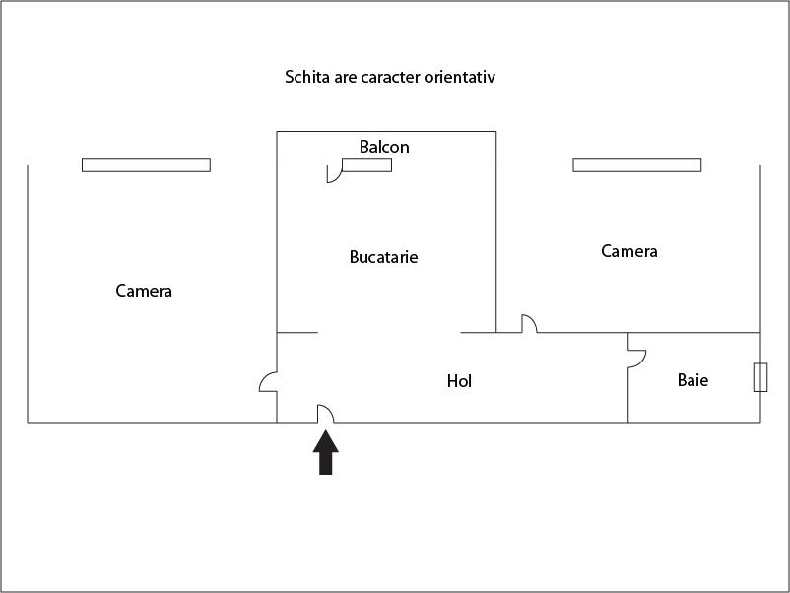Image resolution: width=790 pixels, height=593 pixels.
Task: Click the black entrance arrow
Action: point(326,452)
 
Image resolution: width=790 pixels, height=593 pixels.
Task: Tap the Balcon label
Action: point(384,147)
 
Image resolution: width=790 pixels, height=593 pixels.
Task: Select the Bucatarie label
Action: point(383,257)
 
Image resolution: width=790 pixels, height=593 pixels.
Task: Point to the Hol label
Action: point(459,381)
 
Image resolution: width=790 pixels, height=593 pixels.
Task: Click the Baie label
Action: point(692,380)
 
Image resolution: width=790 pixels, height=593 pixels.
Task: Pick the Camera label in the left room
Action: point(144,291)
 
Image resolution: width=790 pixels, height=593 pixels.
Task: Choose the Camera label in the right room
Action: point(629,251)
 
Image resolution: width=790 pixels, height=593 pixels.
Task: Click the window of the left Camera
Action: point(146,165)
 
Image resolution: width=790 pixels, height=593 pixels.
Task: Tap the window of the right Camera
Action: point(637,165)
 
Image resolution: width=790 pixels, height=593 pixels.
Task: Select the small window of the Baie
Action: point(760,377)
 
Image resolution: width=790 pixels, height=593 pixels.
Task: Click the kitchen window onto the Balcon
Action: point(367,165)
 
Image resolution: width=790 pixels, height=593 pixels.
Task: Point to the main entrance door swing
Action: point(325,414)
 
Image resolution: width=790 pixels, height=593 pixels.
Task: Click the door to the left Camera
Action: point(268,381)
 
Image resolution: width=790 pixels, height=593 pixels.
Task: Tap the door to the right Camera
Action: point(529,323)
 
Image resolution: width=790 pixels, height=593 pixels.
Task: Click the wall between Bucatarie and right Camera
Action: point(496,249)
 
